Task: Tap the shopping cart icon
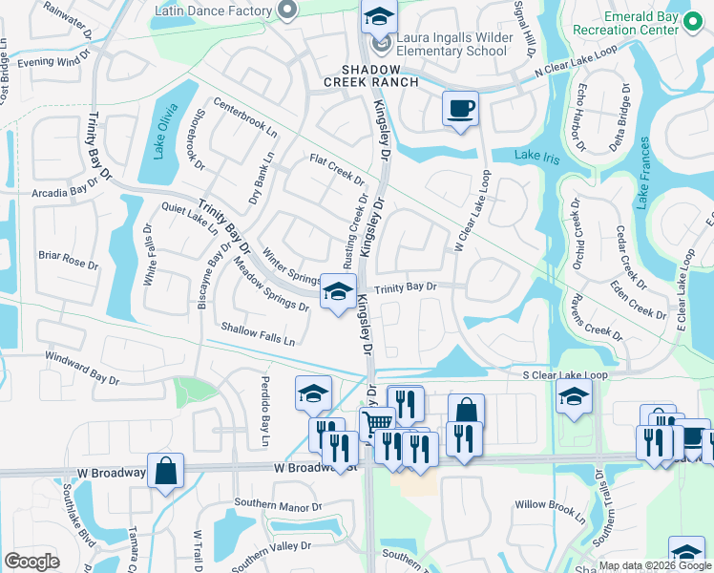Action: pyautogui.click(x=377, y=422)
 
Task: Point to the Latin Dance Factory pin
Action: pyautogui.click(x=285, y=11)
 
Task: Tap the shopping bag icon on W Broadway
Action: pyautogui.click(x=165, y=470)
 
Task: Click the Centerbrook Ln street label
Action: pyautogui.click(x=244, y=117)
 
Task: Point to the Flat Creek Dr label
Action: pyautogui.click(x=337, y=169)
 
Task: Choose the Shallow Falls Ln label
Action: pyautogui.click(x=258, y=333)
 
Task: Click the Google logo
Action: pyautogui.click(x=31, y=561)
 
